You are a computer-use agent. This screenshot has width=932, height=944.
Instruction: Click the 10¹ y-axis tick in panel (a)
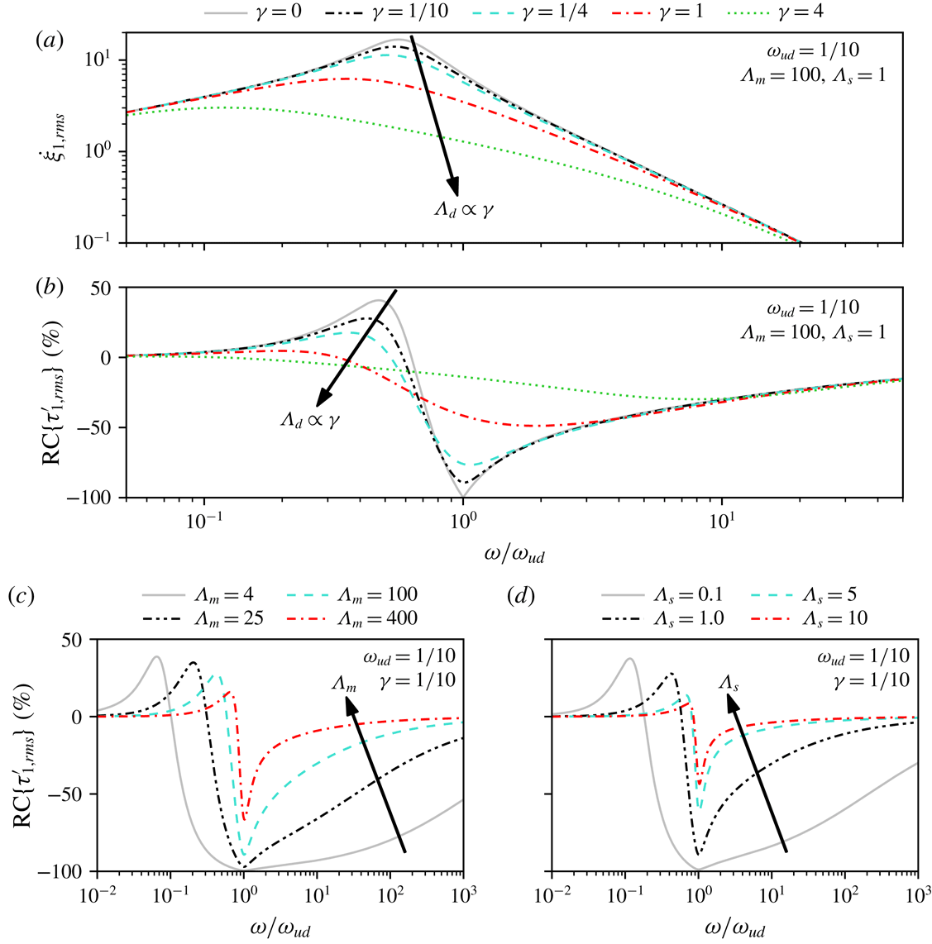101,61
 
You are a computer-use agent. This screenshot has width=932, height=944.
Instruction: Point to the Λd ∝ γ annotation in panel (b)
310,421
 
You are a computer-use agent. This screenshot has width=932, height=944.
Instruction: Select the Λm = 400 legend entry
376,617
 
